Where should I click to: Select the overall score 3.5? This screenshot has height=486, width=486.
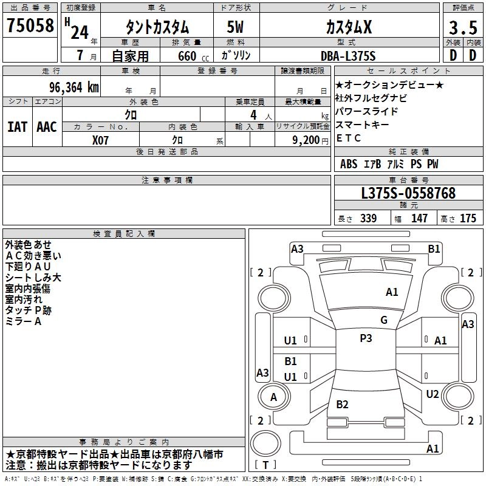(x=462, y=28)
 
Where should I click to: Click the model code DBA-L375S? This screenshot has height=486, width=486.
(x=348, y=56)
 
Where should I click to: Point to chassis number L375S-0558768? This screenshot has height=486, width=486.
(x=408, y=193)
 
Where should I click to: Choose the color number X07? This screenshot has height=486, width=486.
(x=101, y=139)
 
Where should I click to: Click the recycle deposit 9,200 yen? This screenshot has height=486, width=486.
(x=304, y=139)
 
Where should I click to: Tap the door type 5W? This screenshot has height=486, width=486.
(x=236, y=28)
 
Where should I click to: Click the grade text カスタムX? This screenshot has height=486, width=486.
(x=349, y=27)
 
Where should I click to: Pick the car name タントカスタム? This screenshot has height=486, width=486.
(x=157, y=28)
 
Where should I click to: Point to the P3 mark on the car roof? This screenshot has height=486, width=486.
(x=366, y=338)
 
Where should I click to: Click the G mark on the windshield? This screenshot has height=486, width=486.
(x=383, y=320)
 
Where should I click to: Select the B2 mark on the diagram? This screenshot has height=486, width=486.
(x=342, y=405)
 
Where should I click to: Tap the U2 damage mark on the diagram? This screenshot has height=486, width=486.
(x=432, y=394)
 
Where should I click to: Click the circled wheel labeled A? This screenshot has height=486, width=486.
(x=273, y=397)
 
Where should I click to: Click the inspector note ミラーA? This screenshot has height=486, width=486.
(x=24, y=321)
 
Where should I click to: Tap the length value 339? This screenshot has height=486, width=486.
(x=368, y=219)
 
